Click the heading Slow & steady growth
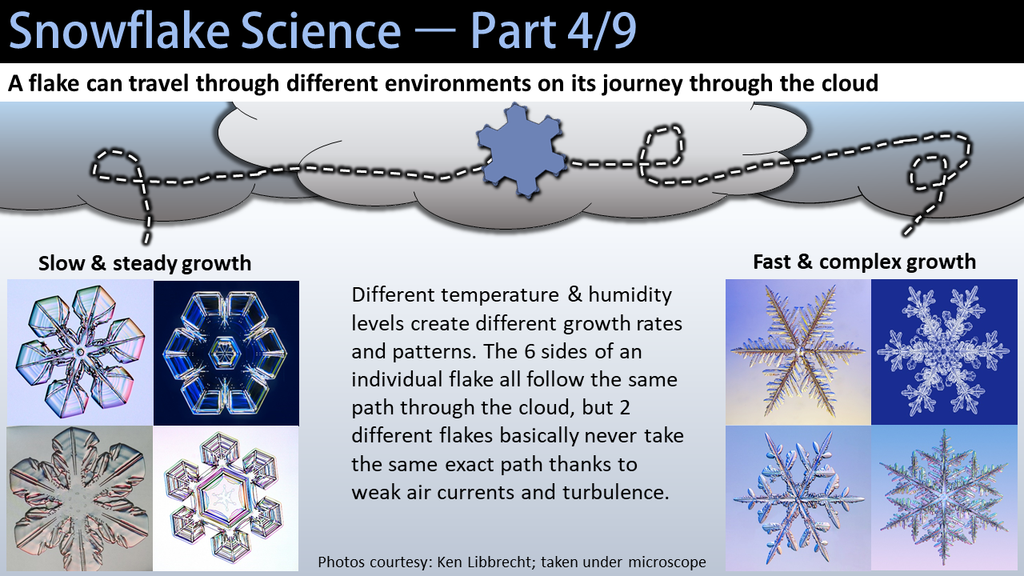(x=145, y=263)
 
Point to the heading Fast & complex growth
(x=865, y=262)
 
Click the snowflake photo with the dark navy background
(x=226, y=353)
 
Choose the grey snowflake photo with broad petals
(x=79, y=498)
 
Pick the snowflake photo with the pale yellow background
(x=798, y=352)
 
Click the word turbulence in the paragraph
(x=616, y=492)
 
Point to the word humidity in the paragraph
(x=630, y=296)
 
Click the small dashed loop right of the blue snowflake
(x=662, y=146)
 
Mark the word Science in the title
(x=321, y=31)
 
